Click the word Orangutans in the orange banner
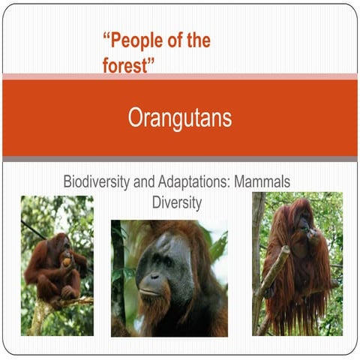click(x=179, y=118)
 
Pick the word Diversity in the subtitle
click(x=178, y=202)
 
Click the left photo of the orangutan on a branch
click(x=57, y=265)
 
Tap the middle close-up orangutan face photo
click(x=169, y=277)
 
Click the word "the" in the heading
click(x=197, y=40)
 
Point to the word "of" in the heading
click(x=172, y=40)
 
